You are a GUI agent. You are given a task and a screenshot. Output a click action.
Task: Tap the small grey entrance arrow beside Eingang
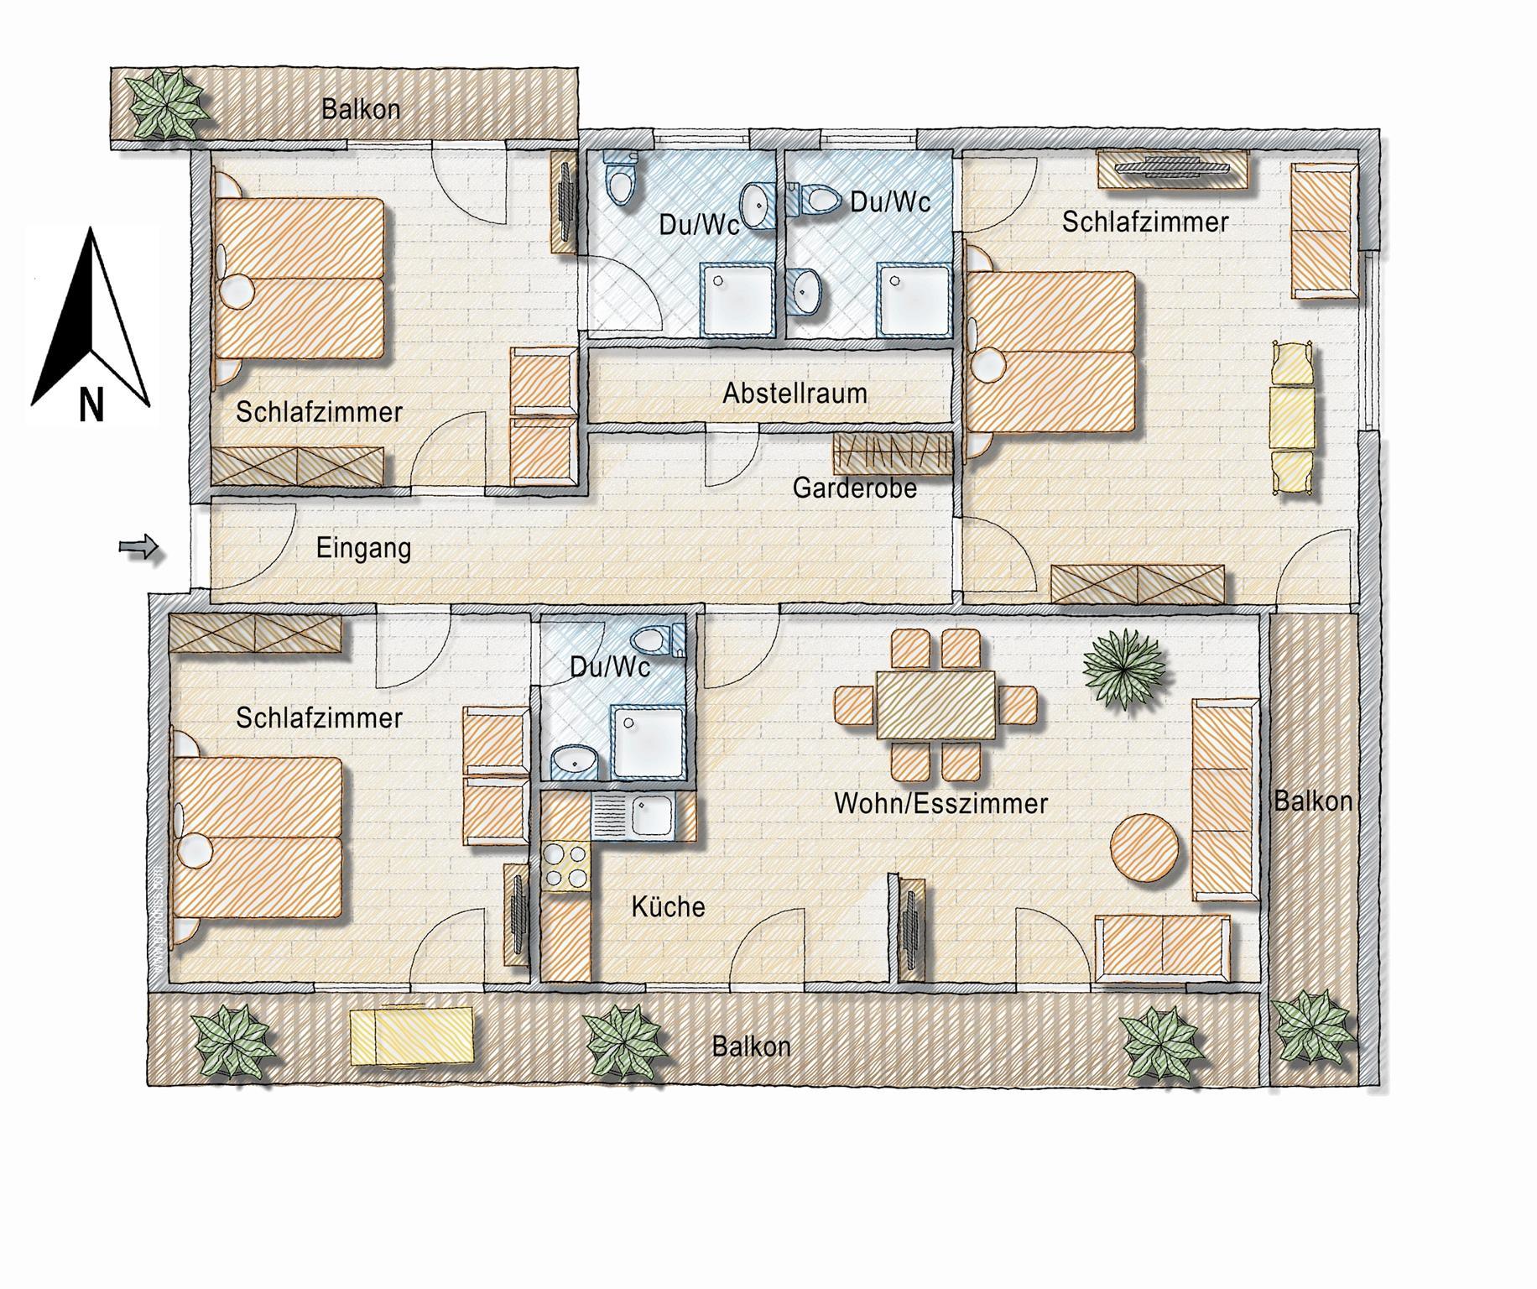pyautogui.click(x=138, y=548)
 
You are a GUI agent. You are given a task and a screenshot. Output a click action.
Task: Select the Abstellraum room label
pyautogui.click(x=795, y=393)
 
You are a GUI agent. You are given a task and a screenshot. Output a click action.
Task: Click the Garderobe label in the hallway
pyautogui.click(x=854, y=488)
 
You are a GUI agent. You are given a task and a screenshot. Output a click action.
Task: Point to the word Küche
pyautogui.click(x=668, y=906)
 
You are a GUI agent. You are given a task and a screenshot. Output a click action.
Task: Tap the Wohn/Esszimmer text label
pyautogui.click(x=940, y=803)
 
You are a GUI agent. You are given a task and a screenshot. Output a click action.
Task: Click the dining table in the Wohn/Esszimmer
pyautogui.click(x=935, y=704)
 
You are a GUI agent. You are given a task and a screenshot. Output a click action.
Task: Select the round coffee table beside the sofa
pyautogui.click(x=1145, y=848)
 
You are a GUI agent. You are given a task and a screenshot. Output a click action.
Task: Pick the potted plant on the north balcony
pyautogui.click(x=167, y=103)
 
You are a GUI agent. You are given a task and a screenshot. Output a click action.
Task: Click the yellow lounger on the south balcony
pyautogui.click(x=412, y=1037)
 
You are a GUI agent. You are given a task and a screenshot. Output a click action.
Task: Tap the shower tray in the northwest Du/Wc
pyautogui.click(x=736, y=300)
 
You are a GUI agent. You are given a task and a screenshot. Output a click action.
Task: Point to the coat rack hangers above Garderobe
pyautogui.click(x=893, y=453)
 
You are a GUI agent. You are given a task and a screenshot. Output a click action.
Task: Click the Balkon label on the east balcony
pyautogui.click(x=1313, y=801)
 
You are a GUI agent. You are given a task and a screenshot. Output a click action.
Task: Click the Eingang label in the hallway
pyautogui.click(x=363, y=549)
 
